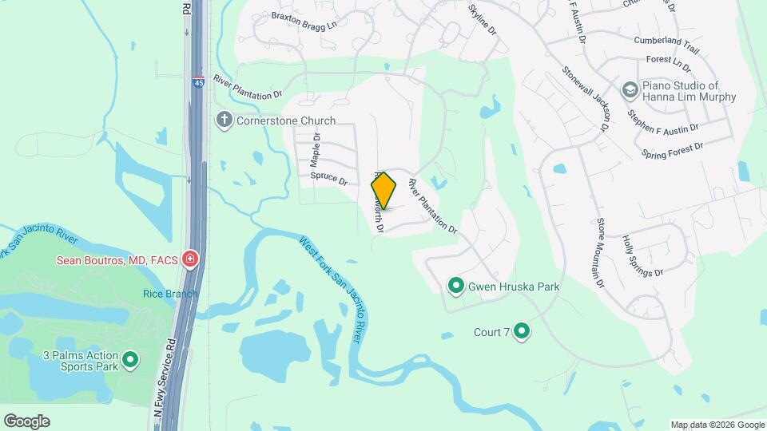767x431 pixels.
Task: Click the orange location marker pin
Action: [384, 192]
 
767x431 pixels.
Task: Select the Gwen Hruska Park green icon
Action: [456, 286]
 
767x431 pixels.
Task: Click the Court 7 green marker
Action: [522, 330]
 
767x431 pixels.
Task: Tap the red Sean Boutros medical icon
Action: [190, 259]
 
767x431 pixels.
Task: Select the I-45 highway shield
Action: [197, 81]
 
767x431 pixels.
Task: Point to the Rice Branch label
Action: [170, 294]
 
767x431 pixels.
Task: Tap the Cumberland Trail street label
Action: [666, 44]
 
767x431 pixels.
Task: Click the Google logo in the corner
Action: [26, 421]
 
